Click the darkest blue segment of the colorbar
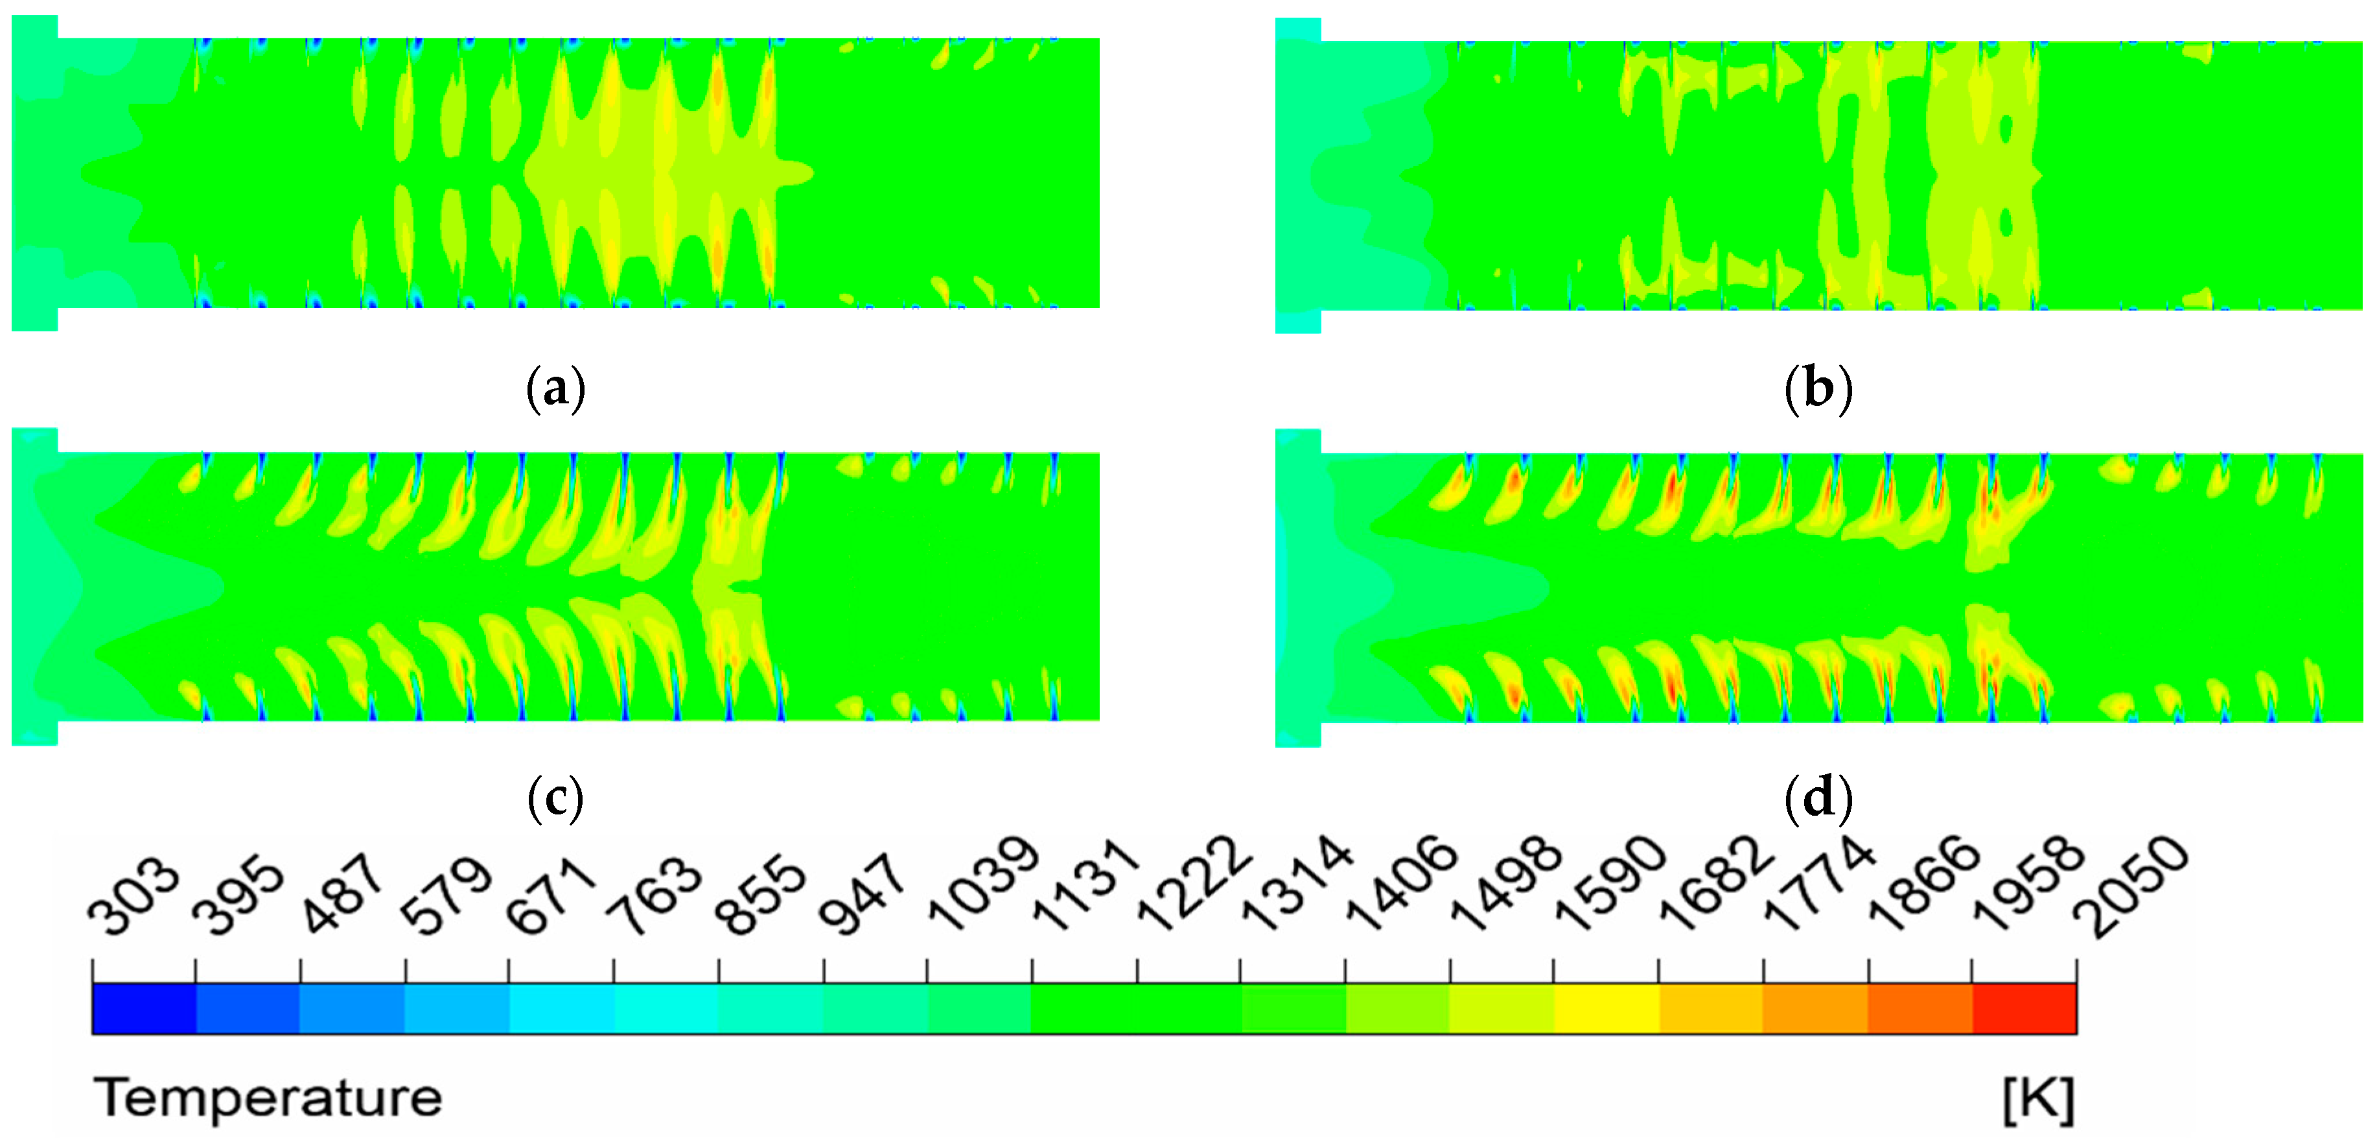(144, 1009)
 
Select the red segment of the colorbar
(2024, 1009)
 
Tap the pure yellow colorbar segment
(1606, 1009)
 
